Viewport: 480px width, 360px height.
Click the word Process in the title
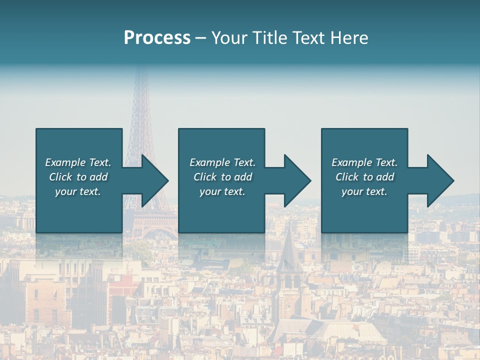[157, 38]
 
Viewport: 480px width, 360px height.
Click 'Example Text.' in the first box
[78, 162]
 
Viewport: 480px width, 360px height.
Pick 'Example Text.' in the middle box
[222, 162]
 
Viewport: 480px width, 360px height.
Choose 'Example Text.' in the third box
[364, 162]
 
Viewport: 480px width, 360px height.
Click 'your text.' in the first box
[78, 191]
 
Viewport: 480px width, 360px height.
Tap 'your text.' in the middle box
[222, 191]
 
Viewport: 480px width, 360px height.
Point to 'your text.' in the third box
[364, 191]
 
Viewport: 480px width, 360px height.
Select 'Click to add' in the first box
[78, 177]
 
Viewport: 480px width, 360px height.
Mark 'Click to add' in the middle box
[222, 177]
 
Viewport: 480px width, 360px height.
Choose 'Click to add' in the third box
[364, 177]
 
